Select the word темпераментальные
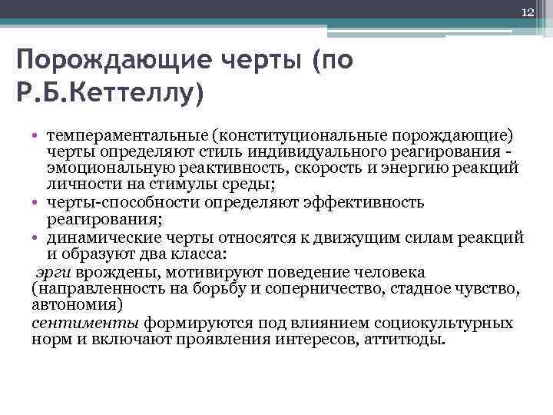[127, 135]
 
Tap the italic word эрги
[51, 272]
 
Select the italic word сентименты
[74, 322]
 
